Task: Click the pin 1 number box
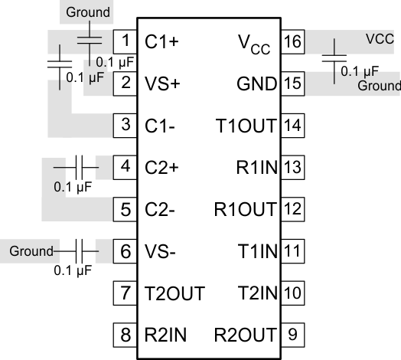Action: pos(125,41)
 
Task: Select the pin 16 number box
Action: pos(291,41)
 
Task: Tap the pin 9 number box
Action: pos(291,334)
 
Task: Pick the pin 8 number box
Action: pos(125,334)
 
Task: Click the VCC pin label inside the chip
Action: pos(256,43)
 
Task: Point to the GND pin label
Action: pos(256,83)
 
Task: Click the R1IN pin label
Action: pos(255,166)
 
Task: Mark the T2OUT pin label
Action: pos(174,293)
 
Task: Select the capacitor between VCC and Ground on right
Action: pos(334,59)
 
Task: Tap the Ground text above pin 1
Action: pos(88,12)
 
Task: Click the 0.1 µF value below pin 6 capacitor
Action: pos(73,270)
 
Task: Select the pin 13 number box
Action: pos(291,166)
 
